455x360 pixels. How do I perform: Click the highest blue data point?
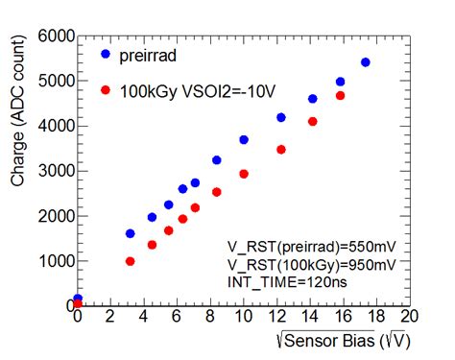point(365,62)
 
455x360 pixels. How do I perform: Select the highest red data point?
point(340,96)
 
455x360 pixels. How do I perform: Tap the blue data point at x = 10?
point(244,140)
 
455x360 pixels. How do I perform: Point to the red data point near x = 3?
point(131,261)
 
